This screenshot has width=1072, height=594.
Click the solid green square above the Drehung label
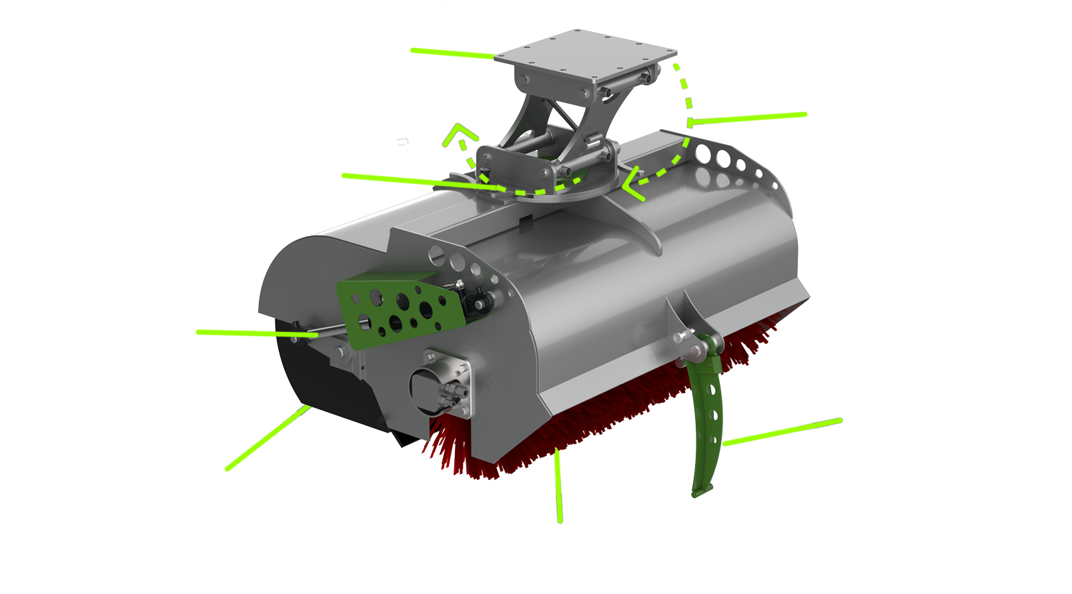pos(240,119)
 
